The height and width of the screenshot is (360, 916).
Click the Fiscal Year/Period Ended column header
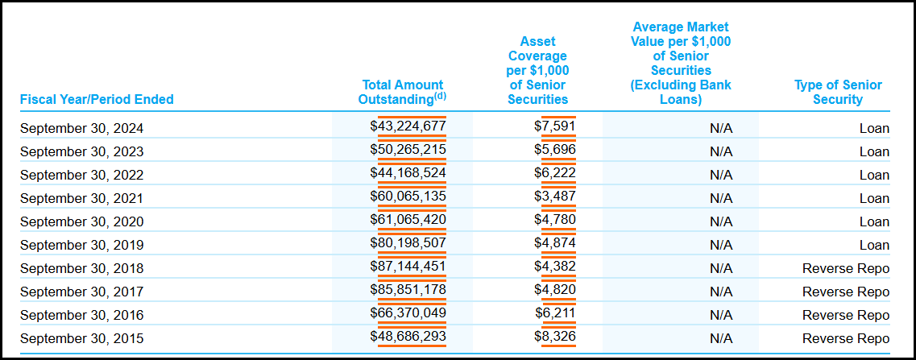[97, 100]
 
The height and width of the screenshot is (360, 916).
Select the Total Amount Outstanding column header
[402, 92]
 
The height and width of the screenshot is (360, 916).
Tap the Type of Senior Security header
[838, 92]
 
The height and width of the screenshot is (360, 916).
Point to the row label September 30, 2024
[81, 128]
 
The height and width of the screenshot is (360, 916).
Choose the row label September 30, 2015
[81, 338]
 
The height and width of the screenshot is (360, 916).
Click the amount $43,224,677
[408, 126]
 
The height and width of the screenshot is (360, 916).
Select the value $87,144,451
[408, 267]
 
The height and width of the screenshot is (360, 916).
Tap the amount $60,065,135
[408, 197]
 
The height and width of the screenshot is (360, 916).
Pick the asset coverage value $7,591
[554, 126]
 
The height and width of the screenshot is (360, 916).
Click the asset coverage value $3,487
[554, 197]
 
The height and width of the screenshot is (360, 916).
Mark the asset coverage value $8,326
[554, 337]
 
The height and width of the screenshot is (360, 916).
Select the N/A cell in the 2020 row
[721, 221]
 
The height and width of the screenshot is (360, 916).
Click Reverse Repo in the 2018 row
[846, 268]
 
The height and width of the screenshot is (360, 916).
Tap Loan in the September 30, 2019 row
[874, 245]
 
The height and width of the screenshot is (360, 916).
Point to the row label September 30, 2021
[81, 198]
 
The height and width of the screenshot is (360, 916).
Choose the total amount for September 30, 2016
[408, 313]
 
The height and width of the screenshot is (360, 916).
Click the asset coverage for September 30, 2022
[554, 173]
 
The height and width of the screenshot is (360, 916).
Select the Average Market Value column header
[682, 63]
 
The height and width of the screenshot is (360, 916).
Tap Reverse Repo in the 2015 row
[846, 338]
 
